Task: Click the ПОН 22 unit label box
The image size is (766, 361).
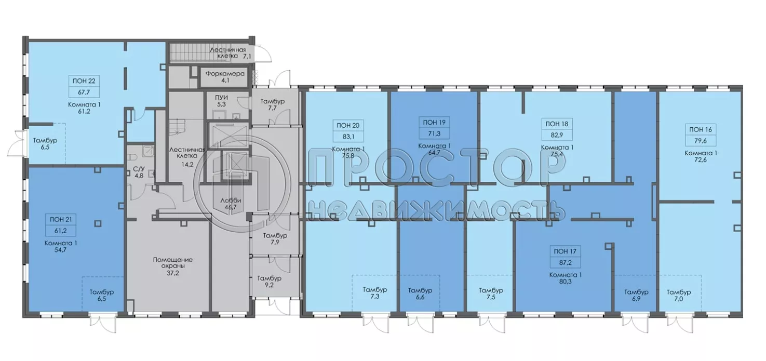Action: point(84,86)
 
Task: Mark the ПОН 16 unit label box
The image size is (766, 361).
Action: point(701,135)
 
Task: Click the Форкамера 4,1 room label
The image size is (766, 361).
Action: point(224,77)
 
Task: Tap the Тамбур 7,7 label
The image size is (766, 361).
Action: point(273,105)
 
